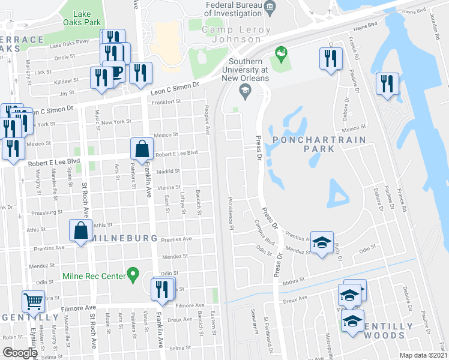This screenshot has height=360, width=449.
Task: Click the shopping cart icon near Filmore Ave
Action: point(33,301)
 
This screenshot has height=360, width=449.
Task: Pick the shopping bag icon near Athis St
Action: point(80,230)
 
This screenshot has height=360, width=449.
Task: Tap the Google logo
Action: point(20,353)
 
